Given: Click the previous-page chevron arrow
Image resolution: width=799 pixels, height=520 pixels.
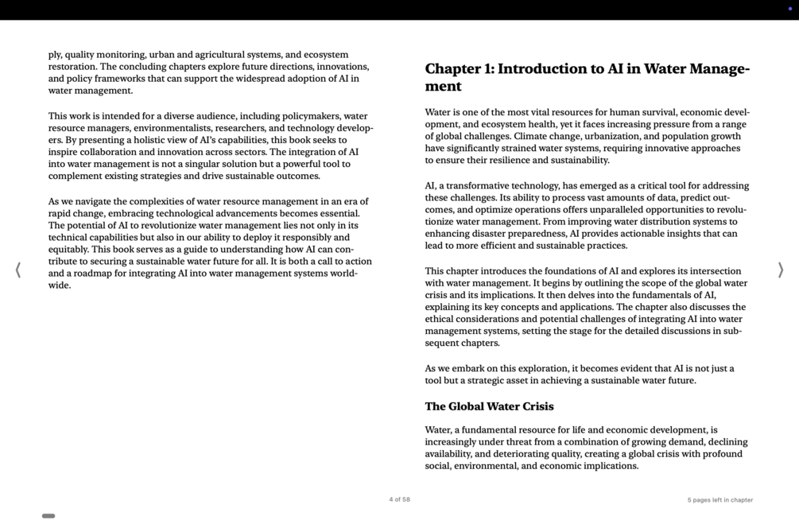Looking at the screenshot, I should click(18, 270).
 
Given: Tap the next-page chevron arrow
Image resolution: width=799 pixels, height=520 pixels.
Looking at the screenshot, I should click(780, 270).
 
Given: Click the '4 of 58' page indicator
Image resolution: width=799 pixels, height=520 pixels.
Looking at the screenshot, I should click(399, 499).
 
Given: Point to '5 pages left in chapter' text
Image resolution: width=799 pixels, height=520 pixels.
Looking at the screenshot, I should click(719, 500).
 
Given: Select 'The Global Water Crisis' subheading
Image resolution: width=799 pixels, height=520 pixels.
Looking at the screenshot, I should click(489, 406).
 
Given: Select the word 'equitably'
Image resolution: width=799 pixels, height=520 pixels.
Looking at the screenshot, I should click(68, 250).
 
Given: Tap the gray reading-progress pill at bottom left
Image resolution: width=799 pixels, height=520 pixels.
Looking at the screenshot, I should click(48, 516).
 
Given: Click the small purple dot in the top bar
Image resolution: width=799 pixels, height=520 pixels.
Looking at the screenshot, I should click(789, 9).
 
